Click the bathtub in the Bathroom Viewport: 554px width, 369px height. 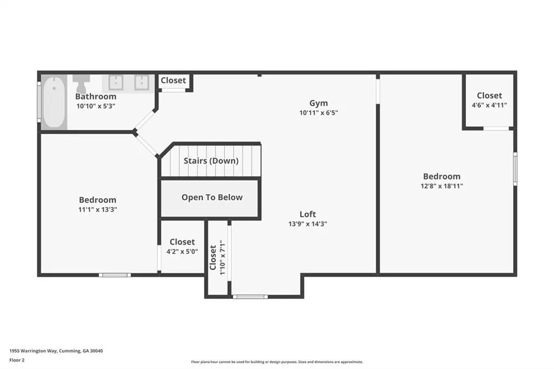tap(54, 102)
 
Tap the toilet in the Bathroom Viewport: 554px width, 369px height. tap(81, 83)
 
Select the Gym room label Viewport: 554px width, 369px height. tap(319, 103)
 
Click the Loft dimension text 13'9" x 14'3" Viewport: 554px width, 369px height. tap(308, 224)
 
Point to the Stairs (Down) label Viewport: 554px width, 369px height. tap(211, 161)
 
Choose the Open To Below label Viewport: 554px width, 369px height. tap(212, 197)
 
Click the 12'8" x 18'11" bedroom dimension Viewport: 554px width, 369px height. tap(441, 186)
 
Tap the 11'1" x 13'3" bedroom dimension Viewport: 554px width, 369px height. tap(97, 209)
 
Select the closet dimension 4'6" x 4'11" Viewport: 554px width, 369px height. tap(489, 105)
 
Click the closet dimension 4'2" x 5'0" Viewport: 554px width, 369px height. tap(182, 251)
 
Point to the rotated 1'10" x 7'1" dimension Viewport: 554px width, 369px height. tap(222, 258)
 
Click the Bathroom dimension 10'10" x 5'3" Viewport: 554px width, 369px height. tap(96, 106)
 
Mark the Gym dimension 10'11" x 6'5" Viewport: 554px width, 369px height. tap(319, 113)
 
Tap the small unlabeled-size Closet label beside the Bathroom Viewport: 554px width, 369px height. tap(173, 80)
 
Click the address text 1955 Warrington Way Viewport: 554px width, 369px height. tap(33, 351)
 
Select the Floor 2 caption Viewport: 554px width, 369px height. tap(17, 360)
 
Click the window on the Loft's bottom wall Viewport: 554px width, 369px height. tap(250, 296)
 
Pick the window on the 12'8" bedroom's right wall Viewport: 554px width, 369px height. tap(515, 169)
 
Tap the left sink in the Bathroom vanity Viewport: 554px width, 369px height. tap(116, 83)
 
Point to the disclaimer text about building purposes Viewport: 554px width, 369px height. tap(277, 362)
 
